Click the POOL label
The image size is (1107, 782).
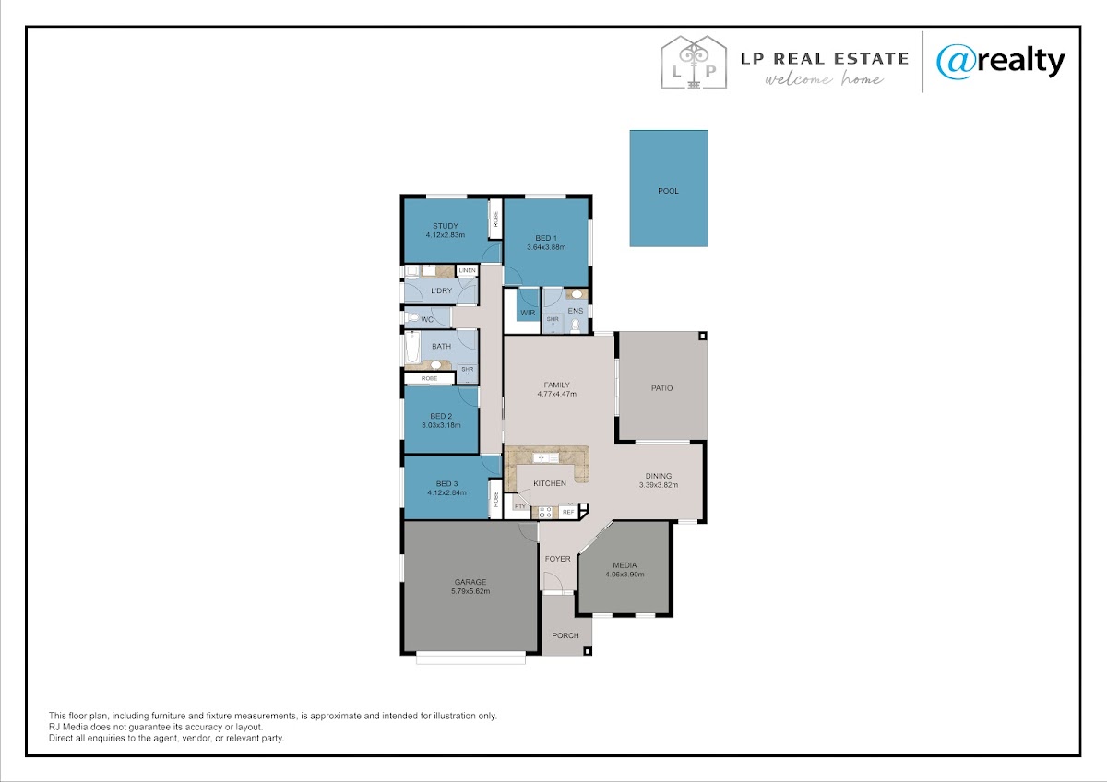(x=668, y=191)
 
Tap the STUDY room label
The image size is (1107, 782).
(x=446, y=226)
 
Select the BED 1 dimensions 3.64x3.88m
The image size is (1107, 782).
(x=546, y=247)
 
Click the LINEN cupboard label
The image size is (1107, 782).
(x=467, y=270)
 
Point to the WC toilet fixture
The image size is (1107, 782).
(x=413, y=317)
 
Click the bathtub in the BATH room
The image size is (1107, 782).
(x=412, y=347)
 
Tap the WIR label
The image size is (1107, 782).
(x=528, y=313)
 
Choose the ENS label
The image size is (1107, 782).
(x=576, y=311)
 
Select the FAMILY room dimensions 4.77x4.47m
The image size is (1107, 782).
(x=557, y=394)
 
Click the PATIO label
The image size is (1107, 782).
(x=661, y=388)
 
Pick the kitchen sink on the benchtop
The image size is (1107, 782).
(x=545, y=458)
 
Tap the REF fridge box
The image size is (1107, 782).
(x=568, y=512)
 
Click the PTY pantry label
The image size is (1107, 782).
(x=520, y=506)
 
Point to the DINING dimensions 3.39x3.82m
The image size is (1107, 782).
(x=659, y=485)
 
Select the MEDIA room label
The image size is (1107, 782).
(x=625, y=565)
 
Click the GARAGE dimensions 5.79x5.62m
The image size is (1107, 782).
(x=470, y=591)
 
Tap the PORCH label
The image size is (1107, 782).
(x=565, y=635)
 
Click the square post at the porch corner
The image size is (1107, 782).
(x=587, y=651)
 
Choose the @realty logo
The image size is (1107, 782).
(x=1001, y=62)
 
